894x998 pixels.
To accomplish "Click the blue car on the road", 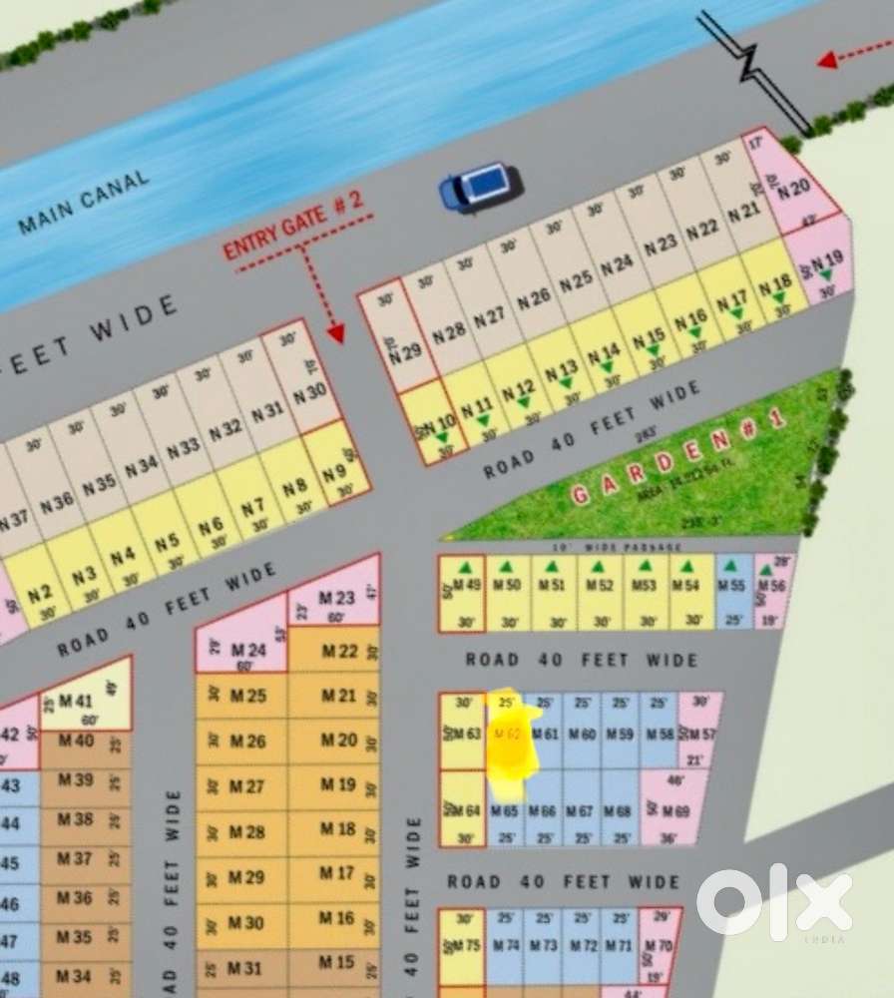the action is click(x=480, y=187).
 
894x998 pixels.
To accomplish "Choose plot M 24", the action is click(x=242, y=649).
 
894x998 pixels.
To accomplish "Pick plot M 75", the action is click(x=462, y=945).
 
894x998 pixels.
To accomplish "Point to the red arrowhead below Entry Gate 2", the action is click(x=336, y=333).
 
